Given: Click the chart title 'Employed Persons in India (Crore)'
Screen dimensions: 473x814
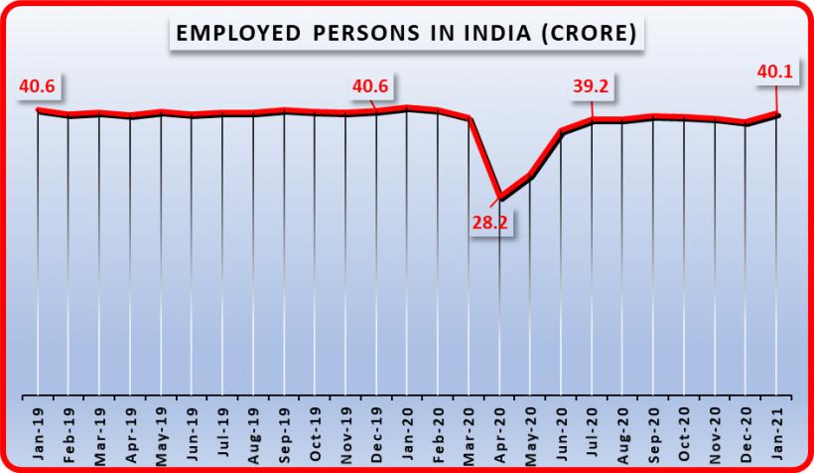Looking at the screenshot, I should [x=406, y=34].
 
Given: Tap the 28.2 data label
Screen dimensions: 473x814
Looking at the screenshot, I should [x=488, y=225].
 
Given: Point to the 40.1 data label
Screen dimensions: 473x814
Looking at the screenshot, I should [x=777, y=73].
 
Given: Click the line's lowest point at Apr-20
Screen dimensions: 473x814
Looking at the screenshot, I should [x=500, y=198].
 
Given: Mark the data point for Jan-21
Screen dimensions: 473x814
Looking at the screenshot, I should [x=777, y=115].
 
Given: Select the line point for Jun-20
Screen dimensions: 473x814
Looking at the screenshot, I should [x=562, y=132].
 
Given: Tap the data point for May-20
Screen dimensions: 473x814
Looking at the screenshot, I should [x=531, y=177].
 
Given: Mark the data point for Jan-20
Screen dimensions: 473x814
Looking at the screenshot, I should [x=407, y=107].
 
